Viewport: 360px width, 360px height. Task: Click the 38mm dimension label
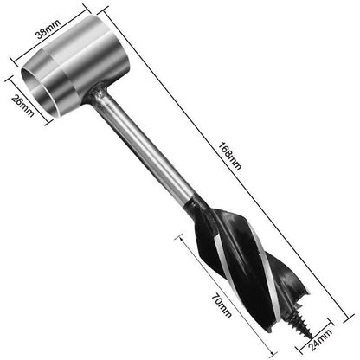tap(48, 29)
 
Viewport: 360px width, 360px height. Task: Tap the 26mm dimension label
tap(22, 106)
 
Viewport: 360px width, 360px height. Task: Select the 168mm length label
tap(229, 156)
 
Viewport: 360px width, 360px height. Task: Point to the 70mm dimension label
tap(222, 305)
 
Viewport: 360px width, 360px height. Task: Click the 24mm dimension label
tap(320, 339)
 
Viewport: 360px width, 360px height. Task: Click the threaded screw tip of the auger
tap(300, 324)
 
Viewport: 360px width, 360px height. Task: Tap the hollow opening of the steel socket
tap(39, 92)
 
